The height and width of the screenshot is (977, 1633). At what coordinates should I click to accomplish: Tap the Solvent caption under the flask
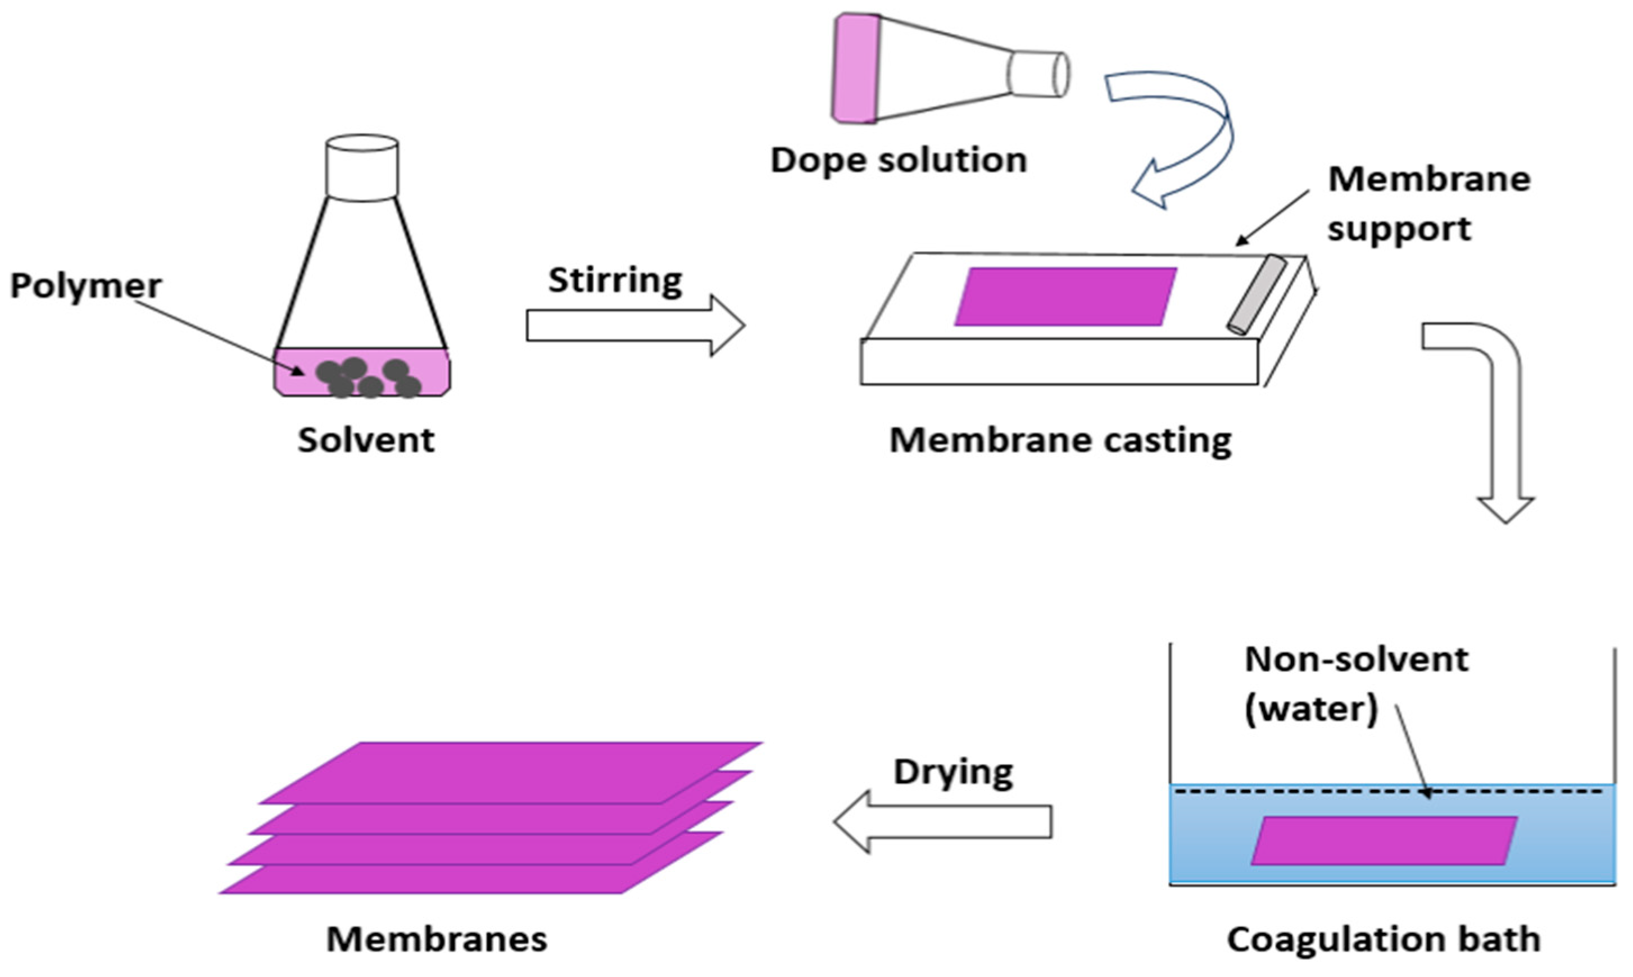(366, 440)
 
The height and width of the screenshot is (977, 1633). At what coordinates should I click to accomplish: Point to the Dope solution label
(899, 160)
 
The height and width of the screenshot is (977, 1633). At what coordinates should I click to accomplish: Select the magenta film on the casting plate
(1065, 296)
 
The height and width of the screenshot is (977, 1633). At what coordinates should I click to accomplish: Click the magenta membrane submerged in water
(1383, 840)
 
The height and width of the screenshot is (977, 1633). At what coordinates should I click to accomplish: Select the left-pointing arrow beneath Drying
(942, 821)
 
